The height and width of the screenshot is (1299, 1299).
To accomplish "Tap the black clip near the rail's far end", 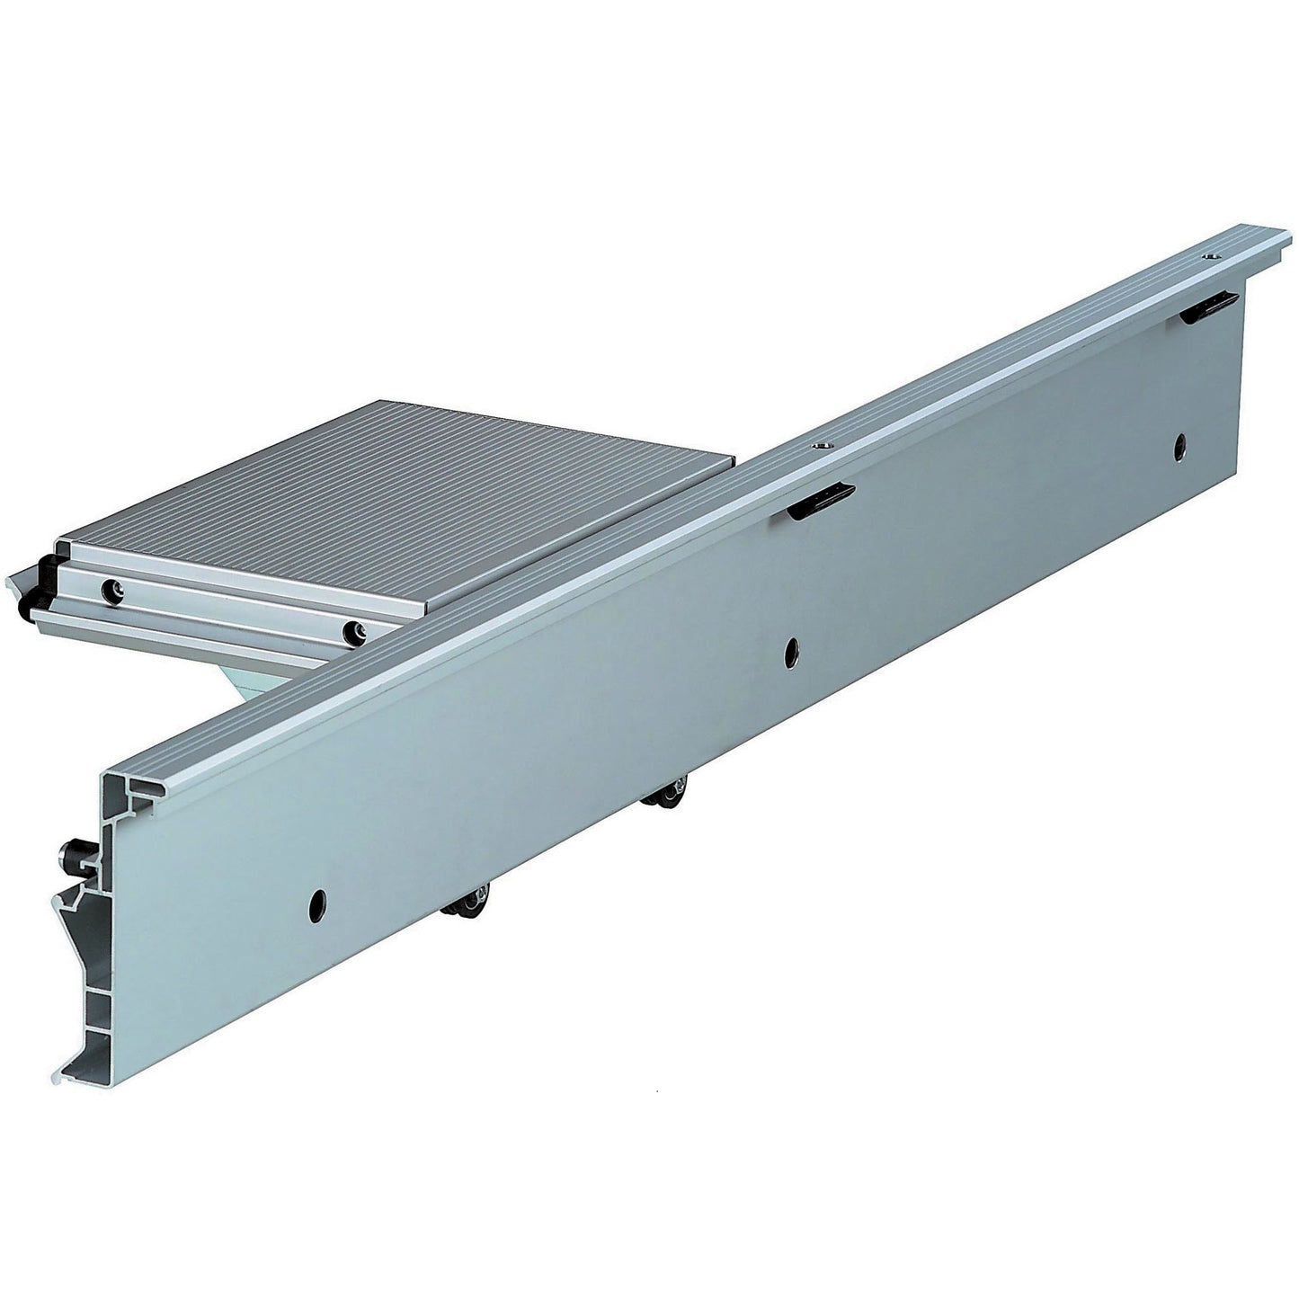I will pos(1205,308).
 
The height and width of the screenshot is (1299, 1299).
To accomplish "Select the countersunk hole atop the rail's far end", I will pos(1213,258).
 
